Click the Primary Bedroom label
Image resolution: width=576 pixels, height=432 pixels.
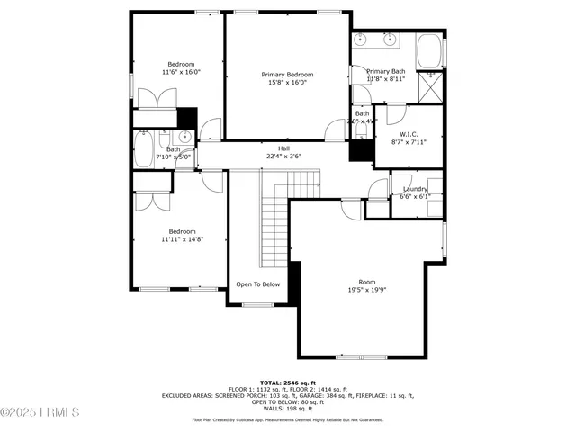point(287,75)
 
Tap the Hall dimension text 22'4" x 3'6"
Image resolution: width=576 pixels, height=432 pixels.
point(283,156)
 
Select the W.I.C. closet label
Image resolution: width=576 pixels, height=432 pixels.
point(409,133)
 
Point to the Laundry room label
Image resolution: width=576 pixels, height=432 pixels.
point(416,188)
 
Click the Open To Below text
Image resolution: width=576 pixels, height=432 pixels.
point(258,284)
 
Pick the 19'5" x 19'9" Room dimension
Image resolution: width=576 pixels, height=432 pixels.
point(367,290)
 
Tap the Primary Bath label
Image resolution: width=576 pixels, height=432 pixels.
point(386,71)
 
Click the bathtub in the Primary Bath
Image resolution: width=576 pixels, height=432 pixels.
point(430,49)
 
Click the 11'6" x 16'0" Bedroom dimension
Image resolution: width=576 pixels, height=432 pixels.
point(180,71)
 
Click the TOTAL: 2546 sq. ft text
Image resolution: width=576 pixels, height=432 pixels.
point(287,382)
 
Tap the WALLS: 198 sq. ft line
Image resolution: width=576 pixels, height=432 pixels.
point(287,408)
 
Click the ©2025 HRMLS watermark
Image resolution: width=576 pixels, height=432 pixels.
point(40,413)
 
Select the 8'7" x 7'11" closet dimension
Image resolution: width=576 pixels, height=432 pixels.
point(409,141)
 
